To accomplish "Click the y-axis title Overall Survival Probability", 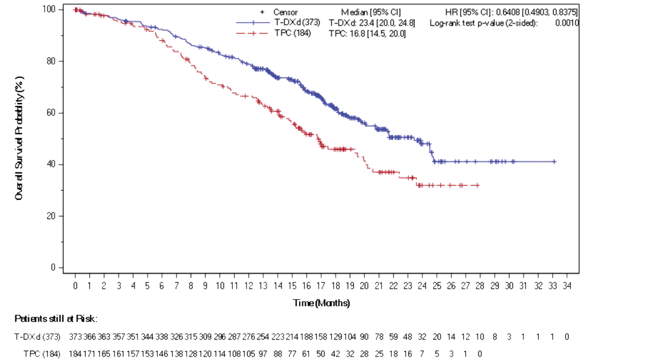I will pyautogui.click(x=19, y=138).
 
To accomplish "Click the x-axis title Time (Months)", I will pyautogui.click(x=321, y=303).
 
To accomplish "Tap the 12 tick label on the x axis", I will pyautogui.click(x=248, y=286).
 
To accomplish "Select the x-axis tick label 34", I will pyautogui.click(x=567, y=286).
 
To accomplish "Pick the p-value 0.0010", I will pyautogui.click(x=567, y=23).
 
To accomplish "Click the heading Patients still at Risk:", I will pyautogui.click(x=56, y=319).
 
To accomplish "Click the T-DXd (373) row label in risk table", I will pyautogui.click(x=37, y=337).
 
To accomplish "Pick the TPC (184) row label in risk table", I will pyautogui.click(x=42, y=354).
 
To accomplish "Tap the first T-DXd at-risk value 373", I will pyautogui.click(x=75, y=337).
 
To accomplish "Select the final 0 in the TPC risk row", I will pyautogui.click(x=480, y=354).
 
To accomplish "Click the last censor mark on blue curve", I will pyautogui.click(x=554, y=162).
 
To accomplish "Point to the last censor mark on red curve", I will pyautogui.click(x=477, y=185).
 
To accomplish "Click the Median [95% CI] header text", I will pyautogui.click(x=371, y=12).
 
